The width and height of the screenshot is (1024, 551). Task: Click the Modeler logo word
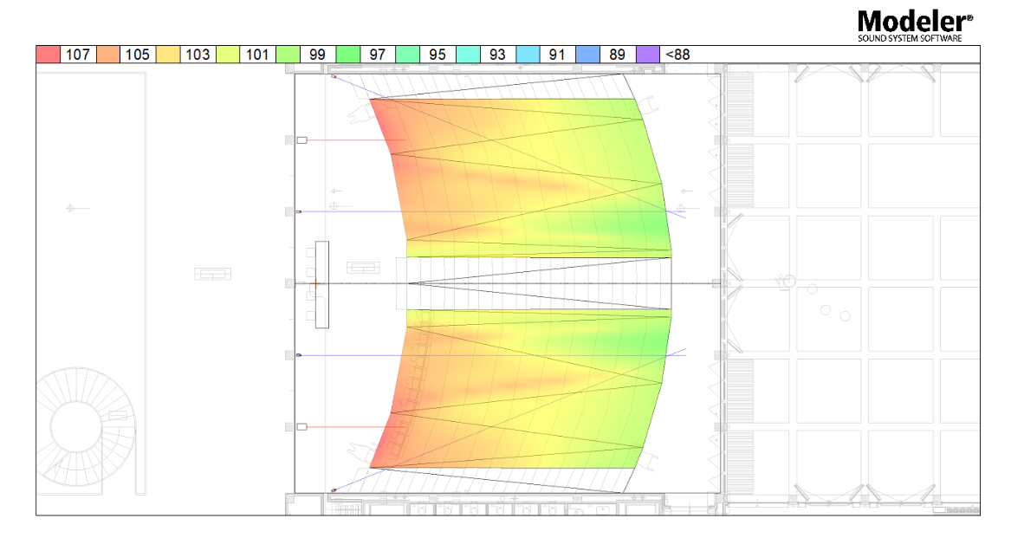914,22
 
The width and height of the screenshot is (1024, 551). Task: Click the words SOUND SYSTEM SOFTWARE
910,38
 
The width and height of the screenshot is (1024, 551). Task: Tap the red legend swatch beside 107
49,55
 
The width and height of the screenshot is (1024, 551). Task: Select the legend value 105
137,55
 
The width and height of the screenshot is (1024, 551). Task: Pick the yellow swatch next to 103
168,55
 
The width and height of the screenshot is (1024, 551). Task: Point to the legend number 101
257,55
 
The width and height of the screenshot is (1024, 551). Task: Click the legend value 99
317,55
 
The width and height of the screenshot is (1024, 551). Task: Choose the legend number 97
378,55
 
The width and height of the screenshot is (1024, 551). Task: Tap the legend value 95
437,55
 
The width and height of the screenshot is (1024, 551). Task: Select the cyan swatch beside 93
468,55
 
